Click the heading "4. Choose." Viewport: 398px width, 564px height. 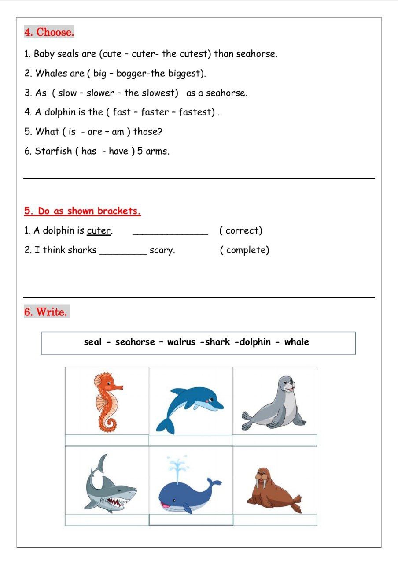[49, 32]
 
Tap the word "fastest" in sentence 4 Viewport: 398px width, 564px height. [195, 112]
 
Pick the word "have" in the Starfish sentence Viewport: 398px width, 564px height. [118, 152]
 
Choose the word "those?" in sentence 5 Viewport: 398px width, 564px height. [148, 132]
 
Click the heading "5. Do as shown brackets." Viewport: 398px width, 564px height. [82, 211]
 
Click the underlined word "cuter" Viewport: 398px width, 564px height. [99, 230]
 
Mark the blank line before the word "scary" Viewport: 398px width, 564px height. [123, 253]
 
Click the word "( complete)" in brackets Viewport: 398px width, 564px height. [244, 250]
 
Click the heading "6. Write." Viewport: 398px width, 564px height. [46, 312]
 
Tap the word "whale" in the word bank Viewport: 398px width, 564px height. [296, 342]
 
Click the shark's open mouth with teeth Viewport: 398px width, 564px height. [118, 502]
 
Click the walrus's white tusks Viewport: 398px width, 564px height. [262, 484]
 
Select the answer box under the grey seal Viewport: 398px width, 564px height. [274, 440]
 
